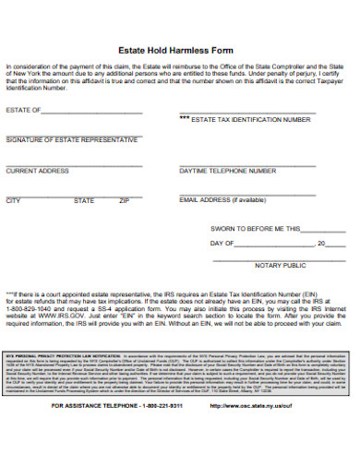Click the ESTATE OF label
(23, 110)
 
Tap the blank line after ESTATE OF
(91, 112)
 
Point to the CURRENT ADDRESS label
(38, 171)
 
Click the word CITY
(13, 200)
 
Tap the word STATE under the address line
(83, 200)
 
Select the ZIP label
(124, 200)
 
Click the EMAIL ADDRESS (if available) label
(222, 200)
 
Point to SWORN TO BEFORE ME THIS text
(256, 227)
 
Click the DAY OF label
(222, 244)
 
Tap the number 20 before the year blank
(320, 244)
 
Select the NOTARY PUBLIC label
(280, 266)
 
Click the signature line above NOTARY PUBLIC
(280, 259)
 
